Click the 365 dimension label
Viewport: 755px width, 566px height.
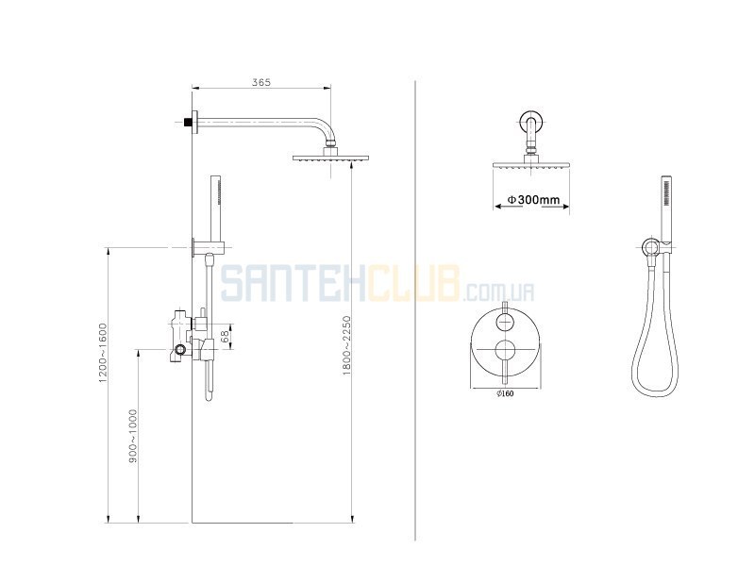pyautogui.click(x=261, y=82)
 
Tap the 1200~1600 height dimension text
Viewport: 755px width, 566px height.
pyautogui.click(x=103, y=353)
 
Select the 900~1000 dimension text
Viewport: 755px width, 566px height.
pyautogui.click(x=133, y=436)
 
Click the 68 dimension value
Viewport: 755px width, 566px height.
pyautogui.click(x=225, y=337)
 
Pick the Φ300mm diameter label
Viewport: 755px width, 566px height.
pyautogui.click(x=533, y=199)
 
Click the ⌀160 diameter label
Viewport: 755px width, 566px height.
pyautogui.click(x=505, y=393)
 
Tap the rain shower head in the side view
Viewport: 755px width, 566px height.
pyautogui.click(x=331, y=158)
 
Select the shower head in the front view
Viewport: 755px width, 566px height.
pyautogui.click(x=531, y=164)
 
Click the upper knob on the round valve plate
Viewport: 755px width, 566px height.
pyautogui.click(x=505, y=321)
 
